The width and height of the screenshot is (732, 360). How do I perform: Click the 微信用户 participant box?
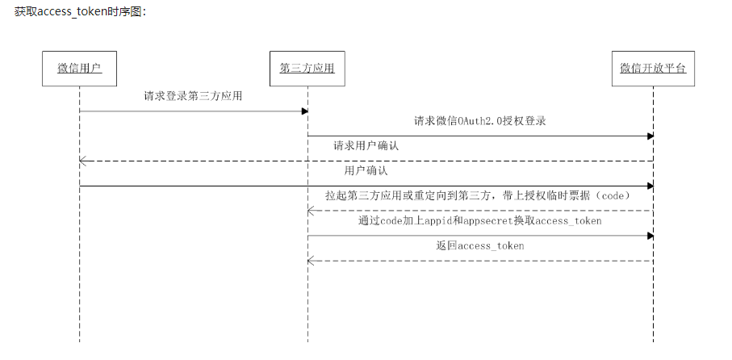(79, 68)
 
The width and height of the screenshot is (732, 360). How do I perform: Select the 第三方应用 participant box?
(307, 68)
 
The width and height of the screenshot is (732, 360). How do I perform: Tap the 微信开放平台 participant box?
(653, 68)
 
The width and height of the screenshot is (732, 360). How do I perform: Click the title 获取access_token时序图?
(80, 13)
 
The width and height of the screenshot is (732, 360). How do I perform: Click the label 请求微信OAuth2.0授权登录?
(480, 122)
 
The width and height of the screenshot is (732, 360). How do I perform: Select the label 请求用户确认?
(366, 146)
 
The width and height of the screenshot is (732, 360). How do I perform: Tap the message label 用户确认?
(366, 171)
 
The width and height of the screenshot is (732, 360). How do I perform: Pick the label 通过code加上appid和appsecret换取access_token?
(480, 220)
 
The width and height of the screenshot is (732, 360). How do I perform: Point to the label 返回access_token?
(480, 245)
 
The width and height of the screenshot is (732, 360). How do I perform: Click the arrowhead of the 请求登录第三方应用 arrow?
(303, 111)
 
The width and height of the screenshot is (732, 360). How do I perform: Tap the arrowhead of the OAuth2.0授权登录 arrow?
(649, 136)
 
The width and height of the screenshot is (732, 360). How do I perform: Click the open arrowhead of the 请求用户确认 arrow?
(82, 161)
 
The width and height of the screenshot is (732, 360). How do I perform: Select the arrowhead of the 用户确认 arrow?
(649, 186)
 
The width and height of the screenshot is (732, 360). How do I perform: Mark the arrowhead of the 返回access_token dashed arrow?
(311, 261)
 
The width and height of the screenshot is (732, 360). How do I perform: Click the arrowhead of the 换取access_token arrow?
(649, 236)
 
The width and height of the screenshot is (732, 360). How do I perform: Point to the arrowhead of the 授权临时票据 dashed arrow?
(311, 211)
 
